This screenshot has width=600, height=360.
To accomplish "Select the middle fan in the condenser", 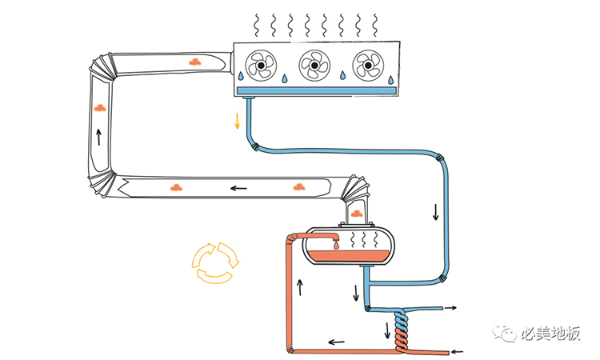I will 314,64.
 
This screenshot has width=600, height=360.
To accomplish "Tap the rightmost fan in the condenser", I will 367,64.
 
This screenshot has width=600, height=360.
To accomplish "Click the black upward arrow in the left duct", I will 99,136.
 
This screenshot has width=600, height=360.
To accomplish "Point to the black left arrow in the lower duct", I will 238,189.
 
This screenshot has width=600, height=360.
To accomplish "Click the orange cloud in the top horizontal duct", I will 194,61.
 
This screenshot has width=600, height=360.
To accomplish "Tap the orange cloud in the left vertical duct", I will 99,106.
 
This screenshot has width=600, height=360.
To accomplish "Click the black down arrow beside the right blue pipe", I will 435,212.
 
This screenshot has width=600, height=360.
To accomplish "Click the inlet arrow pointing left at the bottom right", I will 457,350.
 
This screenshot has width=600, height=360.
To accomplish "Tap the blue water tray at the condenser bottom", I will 316,90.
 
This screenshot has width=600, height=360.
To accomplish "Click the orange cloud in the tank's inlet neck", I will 356,213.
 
